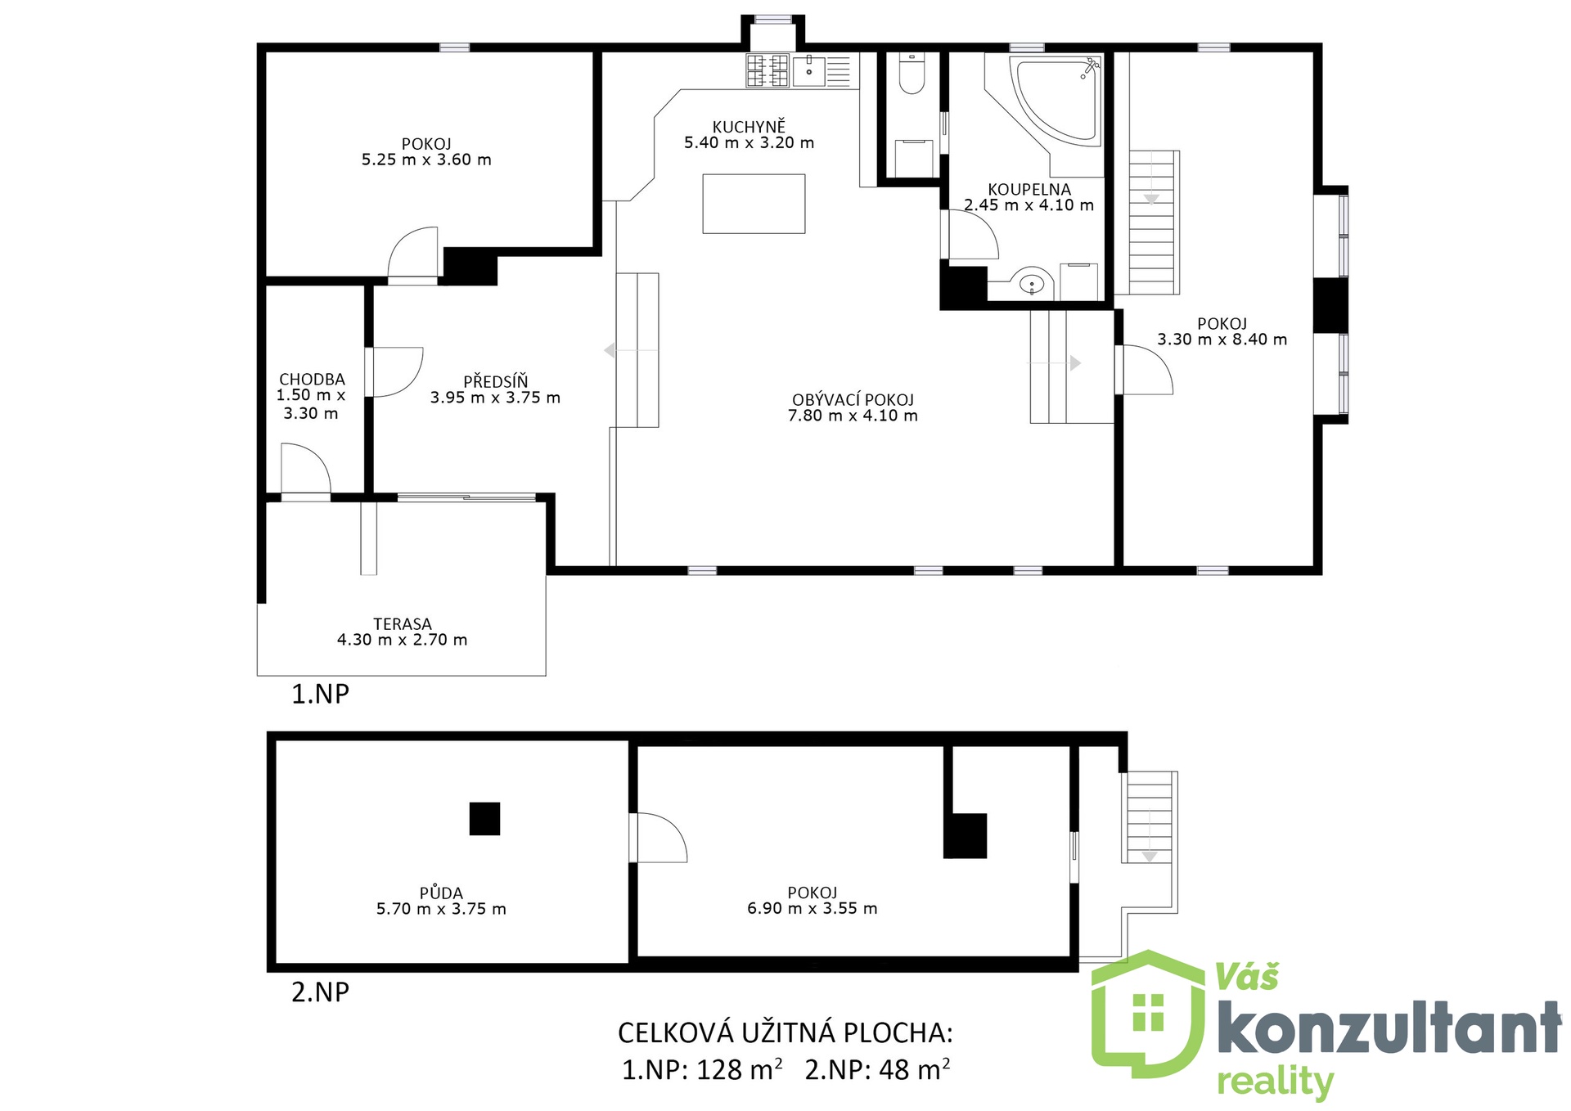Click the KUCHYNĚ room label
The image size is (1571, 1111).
(749, 127)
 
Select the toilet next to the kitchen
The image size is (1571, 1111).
(912, 74)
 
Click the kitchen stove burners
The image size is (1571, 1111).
(767, 70)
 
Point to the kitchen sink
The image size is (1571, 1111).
(809, 70)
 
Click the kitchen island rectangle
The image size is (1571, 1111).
(754, 204)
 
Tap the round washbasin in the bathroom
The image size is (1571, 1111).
(1033, 284)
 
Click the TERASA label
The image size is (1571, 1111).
(403, 624)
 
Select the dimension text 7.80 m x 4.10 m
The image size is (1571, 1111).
(853, 416)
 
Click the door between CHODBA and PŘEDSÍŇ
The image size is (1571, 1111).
(394, 372)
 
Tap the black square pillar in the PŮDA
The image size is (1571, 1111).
(484, 819)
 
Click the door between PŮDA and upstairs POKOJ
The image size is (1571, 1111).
(659, 837)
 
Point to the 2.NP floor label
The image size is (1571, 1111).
(321, 992)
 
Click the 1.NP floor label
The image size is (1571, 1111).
(321, 694)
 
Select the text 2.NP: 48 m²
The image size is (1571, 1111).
(877, 1068)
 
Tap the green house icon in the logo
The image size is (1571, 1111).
(1149, 1014)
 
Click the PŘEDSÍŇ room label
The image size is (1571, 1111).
(496, 381)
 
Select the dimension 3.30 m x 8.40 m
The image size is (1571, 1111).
(1222, 340)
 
